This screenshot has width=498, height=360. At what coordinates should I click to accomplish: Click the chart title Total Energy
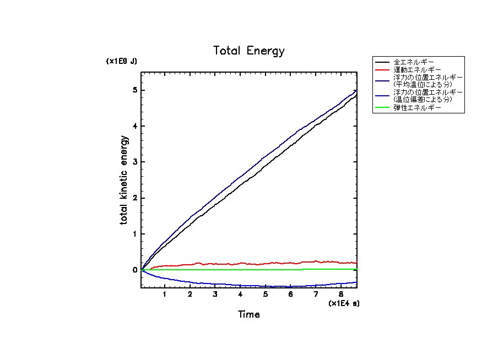point(249,51)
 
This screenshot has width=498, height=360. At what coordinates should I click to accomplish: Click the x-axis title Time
point(249,315)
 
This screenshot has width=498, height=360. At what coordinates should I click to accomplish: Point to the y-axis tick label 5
point(135,90)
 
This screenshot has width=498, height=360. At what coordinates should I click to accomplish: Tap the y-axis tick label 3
point(135,162)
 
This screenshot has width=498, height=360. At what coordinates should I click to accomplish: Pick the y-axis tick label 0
point(135,270)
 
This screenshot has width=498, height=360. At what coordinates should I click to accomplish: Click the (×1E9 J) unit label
point(122,61)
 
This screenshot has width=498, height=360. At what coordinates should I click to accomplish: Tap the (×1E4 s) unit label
point(344,303)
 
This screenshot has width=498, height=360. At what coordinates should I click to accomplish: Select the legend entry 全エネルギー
point(414,61)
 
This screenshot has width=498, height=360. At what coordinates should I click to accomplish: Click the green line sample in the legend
point(383,108)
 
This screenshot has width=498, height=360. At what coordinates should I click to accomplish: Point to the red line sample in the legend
point(383,70)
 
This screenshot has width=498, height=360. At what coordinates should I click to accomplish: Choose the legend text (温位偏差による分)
point(423,100)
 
